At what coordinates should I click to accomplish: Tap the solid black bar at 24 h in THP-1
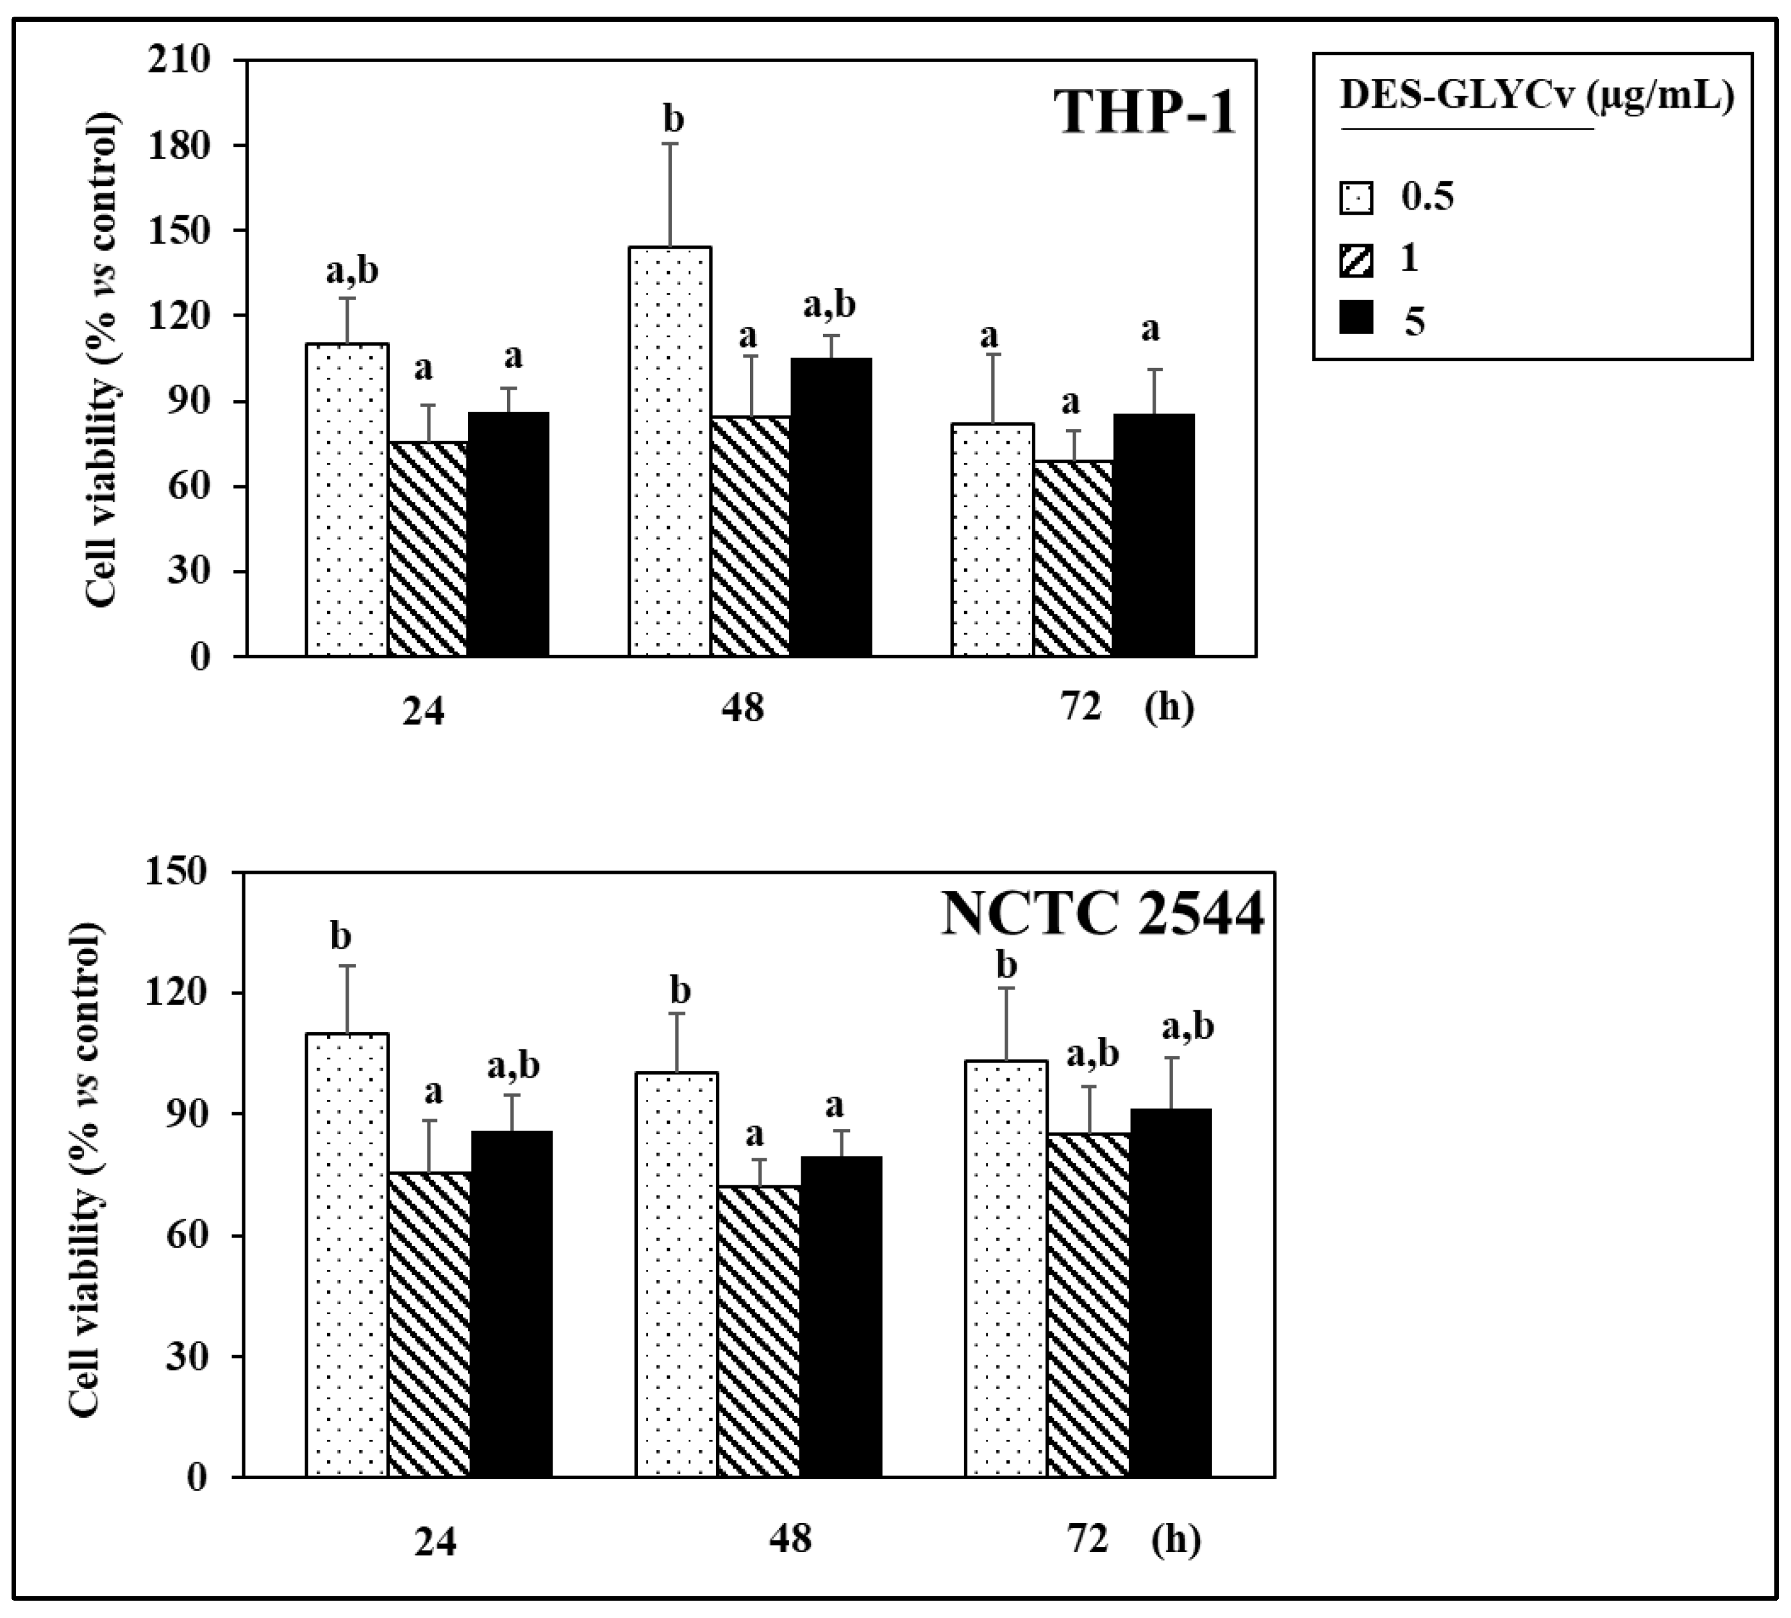pos(508,534)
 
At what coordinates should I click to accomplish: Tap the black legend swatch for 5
pos(1356,318)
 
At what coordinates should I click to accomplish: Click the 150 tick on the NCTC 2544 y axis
pos(181,872)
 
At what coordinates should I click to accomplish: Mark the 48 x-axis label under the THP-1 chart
pos(743,709)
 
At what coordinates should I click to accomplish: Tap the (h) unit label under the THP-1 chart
pos(1169,708)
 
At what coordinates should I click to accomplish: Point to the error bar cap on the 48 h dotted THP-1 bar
pos(671,143)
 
